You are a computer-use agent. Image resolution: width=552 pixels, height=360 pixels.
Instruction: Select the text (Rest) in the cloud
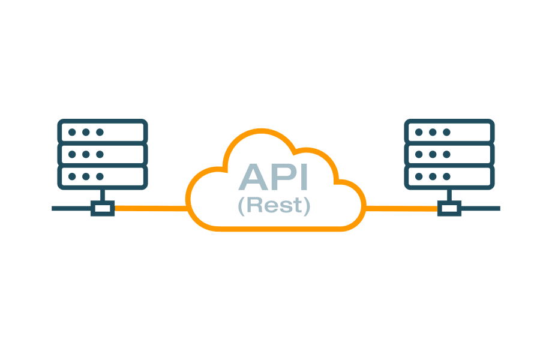[274, 206]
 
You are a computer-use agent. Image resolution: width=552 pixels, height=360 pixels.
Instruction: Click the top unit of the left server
[102, 131]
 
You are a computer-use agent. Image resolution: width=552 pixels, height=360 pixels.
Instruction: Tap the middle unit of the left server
[102, 154]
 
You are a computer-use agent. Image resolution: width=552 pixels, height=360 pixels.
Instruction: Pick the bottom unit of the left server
[102, 177]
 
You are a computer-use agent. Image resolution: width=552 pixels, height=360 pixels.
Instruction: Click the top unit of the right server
[449, 131]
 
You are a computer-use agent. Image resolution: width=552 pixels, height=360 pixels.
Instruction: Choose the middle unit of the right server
[449, 154]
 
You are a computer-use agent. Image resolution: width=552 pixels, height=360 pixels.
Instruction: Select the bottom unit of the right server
[449, 177]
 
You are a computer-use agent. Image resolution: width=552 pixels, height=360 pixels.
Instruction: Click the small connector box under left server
[102, 208]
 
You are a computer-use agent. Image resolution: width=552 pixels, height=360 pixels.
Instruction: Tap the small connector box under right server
[449, 208]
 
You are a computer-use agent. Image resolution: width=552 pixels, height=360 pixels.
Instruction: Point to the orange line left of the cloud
[151, 208]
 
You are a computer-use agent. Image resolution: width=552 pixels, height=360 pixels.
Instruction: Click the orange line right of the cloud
[401, 208]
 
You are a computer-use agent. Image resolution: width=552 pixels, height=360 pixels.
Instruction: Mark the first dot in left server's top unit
[72, 131]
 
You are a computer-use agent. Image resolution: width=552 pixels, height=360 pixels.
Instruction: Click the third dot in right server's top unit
[447, 131]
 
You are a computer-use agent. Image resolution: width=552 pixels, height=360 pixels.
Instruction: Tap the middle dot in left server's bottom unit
[86, 177]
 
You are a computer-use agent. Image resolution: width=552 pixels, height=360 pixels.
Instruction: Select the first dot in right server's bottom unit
[419, 177]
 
